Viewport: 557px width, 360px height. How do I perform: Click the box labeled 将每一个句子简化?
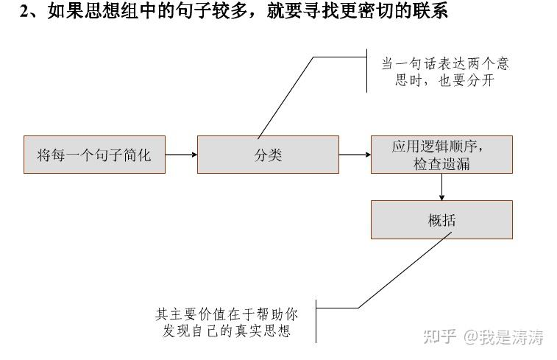(94, 155)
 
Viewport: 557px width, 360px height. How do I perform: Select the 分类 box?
(268, 155)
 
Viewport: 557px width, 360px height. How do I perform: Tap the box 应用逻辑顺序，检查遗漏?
(441, 155)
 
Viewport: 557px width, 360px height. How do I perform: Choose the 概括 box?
(441, 219)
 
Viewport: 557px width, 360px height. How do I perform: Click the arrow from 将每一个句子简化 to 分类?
(181, 155)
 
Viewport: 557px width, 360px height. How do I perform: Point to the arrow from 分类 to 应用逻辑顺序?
(355, 155)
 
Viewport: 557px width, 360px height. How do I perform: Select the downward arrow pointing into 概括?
(441, 187)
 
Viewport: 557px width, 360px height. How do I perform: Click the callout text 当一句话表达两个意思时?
(444, 64)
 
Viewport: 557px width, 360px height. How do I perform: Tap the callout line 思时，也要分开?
(444, 81)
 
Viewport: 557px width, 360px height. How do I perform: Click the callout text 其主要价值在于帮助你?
(227, 314)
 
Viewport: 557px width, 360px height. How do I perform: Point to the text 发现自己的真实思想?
(227, 331)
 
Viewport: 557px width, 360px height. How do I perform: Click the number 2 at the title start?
(24, 11)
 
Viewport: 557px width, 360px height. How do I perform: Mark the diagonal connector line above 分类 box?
(285, 97)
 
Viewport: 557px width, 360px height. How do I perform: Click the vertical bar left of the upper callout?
(366, 70)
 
